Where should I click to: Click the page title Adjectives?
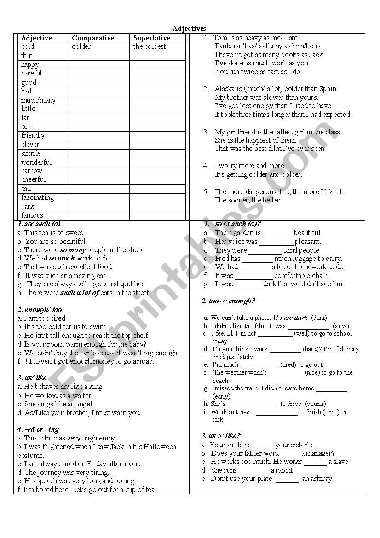(x=189, y=29)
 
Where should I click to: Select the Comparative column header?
(x=92, y=38)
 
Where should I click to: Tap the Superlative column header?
(x=151, y=38)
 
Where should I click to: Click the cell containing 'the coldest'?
(x=150, y=46)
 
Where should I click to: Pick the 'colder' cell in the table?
(x=81, y=46)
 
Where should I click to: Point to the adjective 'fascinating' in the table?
(x=38, y=197)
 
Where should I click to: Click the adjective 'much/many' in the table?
(x=38, y=100)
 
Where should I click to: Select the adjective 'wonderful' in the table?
(x=36, y=162)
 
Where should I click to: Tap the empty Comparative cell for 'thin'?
(x=98, y=56)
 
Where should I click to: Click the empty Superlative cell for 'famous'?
(x=157, y=215)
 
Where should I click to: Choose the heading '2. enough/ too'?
(x=40, y=310)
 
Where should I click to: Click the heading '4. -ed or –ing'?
(x=38, y=429)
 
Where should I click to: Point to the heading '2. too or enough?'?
(x=228, y=301)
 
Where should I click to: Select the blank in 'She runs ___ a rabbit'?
(x=254, y=470)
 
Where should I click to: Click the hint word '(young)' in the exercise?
(x=315, y=404)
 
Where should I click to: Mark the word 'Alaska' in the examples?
(x=225, y=89)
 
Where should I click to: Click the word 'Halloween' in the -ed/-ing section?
(x=160, y=446)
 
